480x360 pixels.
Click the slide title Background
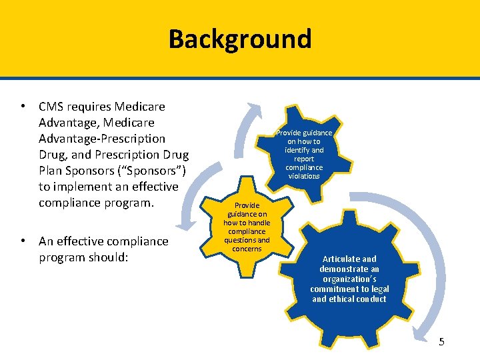(x=240, y=39)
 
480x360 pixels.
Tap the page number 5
(x=441, y=342)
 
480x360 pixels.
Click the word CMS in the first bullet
(x=50, y=107)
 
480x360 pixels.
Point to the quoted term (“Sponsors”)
(x=150, y=171)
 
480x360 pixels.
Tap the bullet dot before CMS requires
(x=23, y=107)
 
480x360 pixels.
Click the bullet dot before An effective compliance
(x=23, y=241)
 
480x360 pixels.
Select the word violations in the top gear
(x=304, y=176)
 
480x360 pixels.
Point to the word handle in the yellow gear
(x=258, y=223)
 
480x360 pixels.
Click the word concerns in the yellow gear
(x=247, y=249)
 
